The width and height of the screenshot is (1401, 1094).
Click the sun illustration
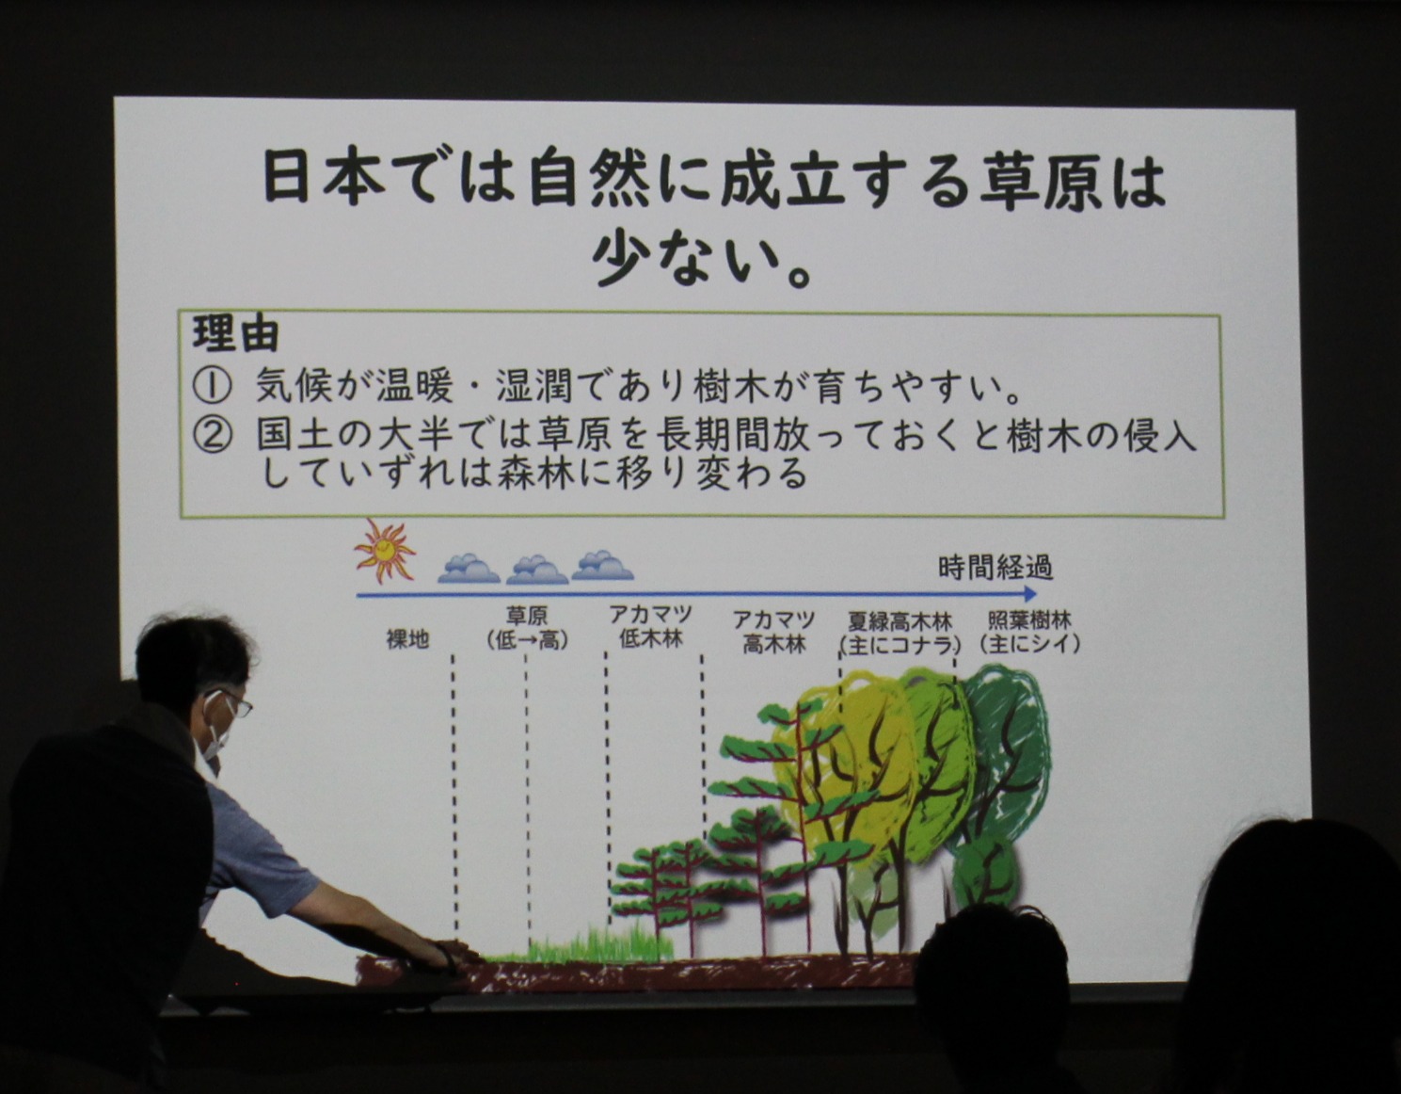point(385,552)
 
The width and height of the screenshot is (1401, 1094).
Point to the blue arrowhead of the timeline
point(1029,594)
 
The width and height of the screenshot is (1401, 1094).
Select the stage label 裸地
point(407,639)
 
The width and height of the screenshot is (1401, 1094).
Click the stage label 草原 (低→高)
point(528,628)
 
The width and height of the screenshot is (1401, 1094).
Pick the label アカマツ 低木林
point(650,626)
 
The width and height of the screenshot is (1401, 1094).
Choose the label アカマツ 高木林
point(774,632)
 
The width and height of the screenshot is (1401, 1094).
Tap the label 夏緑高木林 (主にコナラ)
point(900,634)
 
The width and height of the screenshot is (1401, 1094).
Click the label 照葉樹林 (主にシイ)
point(1029,632)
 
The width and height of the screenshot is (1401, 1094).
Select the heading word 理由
point(236,334)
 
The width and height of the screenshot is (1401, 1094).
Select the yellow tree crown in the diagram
point(838,748)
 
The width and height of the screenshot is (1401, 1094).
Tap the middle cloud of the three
point(537,570)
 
